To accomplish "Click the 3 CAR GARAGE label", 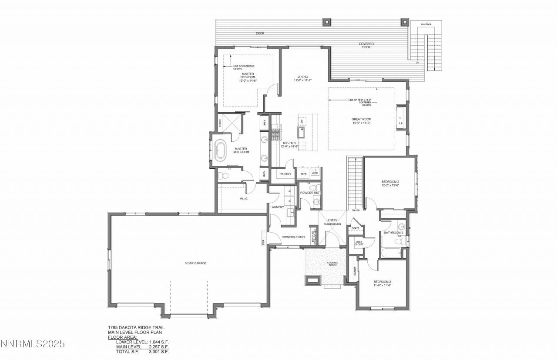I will (194, 263).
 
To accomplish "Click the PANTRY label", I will (285, 174).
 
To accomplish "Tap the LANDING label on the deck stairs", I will (426, 24).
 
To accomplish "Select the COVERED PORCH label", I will (332, 264).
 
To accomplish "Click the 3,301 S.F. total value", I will (159, 351).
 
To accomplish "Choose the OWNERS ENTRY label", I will (292, 237).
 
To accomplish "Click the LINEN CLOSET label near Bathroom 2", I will (359, 243).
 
